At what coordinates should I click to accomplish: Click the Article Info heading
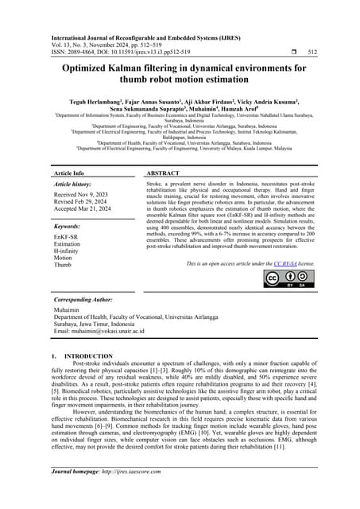68,173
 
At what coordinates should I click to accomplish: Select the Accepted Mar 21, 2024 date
83,208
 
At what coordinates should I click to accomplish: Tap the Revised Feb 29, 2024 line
80,201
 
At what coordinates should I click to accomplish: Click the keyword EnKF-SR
65,236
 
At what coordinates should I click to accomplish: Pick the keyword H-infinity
68,251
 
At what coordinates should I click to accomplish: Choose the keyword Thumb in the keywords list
62,265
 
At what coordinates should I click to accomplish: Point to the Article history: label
77,183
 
